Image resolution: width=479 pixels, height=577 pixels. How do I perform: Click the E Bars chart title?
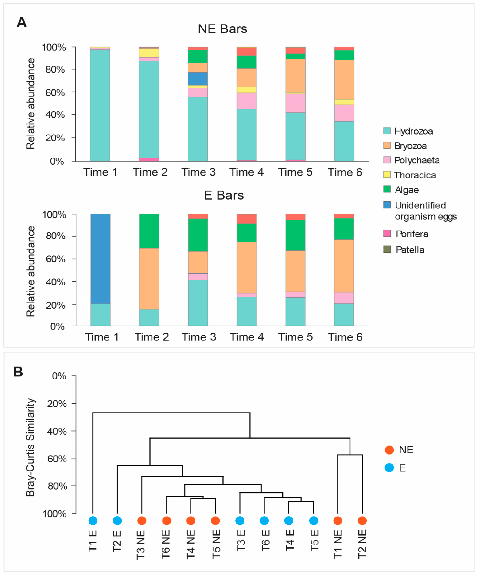(224, 195)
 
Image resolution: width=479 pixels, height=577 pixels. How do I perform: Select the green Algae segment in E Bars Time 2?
(149, 231)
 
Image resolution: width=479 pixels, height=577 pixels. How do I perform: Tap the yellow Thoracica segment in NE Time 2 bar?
(149, 53)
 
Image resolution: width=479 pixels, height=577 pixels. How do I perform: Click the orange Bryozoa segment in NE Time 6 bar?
(344, 79)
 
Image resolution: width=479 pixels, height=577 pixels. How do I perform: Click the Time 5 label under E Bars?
(295, 337)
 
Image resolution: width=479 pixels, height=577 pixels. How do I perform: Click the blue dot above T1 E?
(93, 520)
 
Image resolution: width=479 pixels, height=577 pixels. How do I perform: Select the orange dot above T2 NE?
(362, 520)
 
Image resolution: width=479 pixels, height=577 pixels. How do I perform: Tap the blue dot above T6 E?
(264, 520)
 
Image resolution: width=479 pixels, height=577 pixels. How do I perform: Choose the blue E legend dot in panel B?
(389, 468)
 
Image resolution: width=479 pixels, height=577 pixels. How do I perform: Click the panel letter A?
(22, 22)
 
